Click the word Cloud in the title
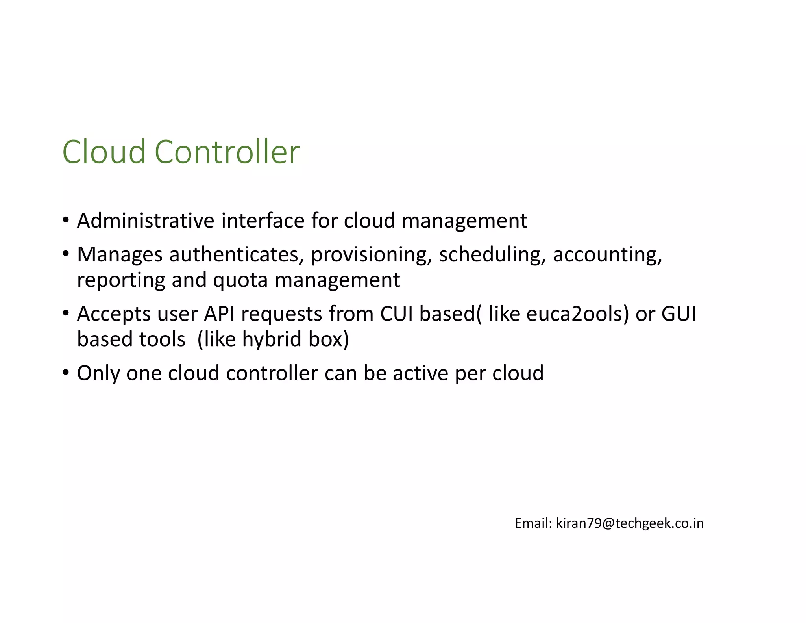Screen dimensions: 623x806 pos(104,152)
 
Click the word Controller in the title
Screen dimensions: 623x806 pos(227,152)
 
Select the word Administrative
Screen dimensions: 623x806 pos(146,221)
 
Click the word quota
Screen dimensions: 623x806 pos(240,280)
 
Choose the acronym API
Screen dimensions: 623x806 pos(219,314)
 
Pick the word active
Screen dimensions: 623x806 pos(420,373)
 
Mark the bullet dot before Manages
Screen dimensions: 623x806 pos(66,254)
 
